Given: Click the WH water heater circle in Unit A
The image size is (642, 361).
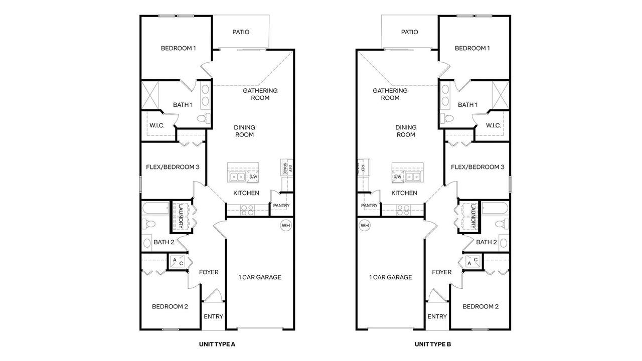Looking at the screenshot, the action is [x=286, y=226].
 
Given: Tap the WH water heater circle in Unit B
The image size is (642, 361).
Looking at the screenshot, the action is [x=365, y=226].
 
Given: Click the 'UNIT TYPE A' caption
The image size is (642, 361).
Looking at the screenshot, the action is [x=217, y=344].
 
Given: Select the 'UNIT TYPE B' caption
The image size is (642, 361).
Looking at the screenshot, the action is [x=433, y=344].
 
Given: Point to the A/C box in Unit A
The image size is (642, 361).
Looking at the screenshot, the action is [x=178, y=262].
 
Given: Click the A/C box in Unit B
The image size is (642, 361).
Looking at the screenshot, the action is [x=472, y=262].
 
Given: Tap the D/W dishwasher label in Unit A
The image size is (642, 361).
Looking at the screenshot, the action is [x=253, y=177].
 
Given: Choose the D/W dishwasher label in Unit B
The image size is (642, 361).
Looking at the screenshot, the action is [x=397, y=177].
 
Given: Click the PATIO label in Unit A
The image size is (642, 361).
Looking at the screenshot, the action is [x=241, y=32].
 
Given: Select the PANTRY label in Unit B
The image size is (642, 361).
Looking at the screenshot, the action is [x=369, y=206].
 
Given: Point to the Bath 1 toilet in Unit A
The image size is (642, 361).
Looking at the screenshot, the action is [x=204, y=118].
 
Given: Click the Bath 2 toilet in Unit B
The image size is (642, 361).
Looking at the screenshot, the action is [x=502, y=224].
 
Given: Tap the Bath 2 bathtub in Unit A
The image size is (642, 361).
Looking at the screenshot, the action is [x=156, y=208].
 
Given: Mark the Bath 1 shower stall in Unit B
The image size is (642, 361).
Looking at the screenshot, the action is [x=501, y=95].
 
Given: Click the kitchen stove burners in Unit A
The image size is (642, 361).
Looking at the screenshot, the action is [x=247, y=210].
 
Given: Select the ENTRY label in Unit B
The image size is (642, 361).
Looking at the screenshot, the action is [x=437, y=316].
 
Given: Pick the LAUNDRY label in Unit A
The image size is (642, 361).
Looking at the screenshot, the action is [x=181, y=216].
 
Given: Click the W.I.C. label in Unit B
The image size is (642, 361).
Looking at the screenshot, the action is [x=493, y=125].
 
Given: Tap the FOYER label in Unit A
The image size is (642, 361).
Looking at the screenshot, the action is [x=209, y=272].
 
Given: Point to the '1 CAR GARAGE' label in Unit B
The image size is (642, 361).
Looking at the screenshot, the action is [x=390, y=277].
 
